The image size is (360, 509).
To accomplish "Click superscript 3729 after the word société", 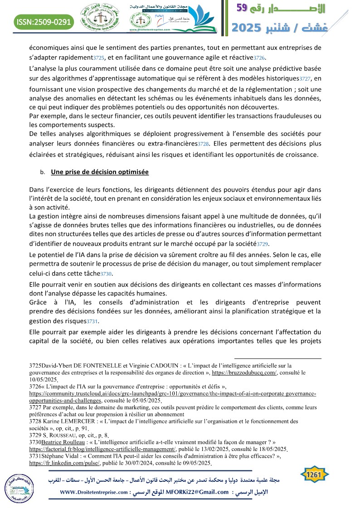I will (x=263, y=244).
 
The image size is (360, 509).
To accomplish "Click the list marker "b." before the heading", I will (x=43, y=173).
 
